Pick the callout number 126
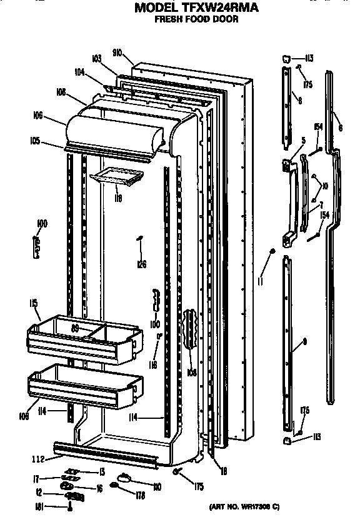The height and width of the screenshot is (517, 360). click(x=142, y=264)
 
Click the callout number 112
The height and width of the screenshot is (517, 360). click(x=39, y=459)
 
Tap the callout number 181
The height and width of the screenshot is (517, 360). click(x=39, y=508)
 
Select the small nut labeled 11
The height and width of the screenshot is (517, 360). click(x=272, y=251)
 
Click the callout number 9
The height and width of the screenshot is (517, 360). click(x=304, y=341)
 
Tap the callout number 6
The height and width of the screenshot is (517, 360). click(x=340, y=127)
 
